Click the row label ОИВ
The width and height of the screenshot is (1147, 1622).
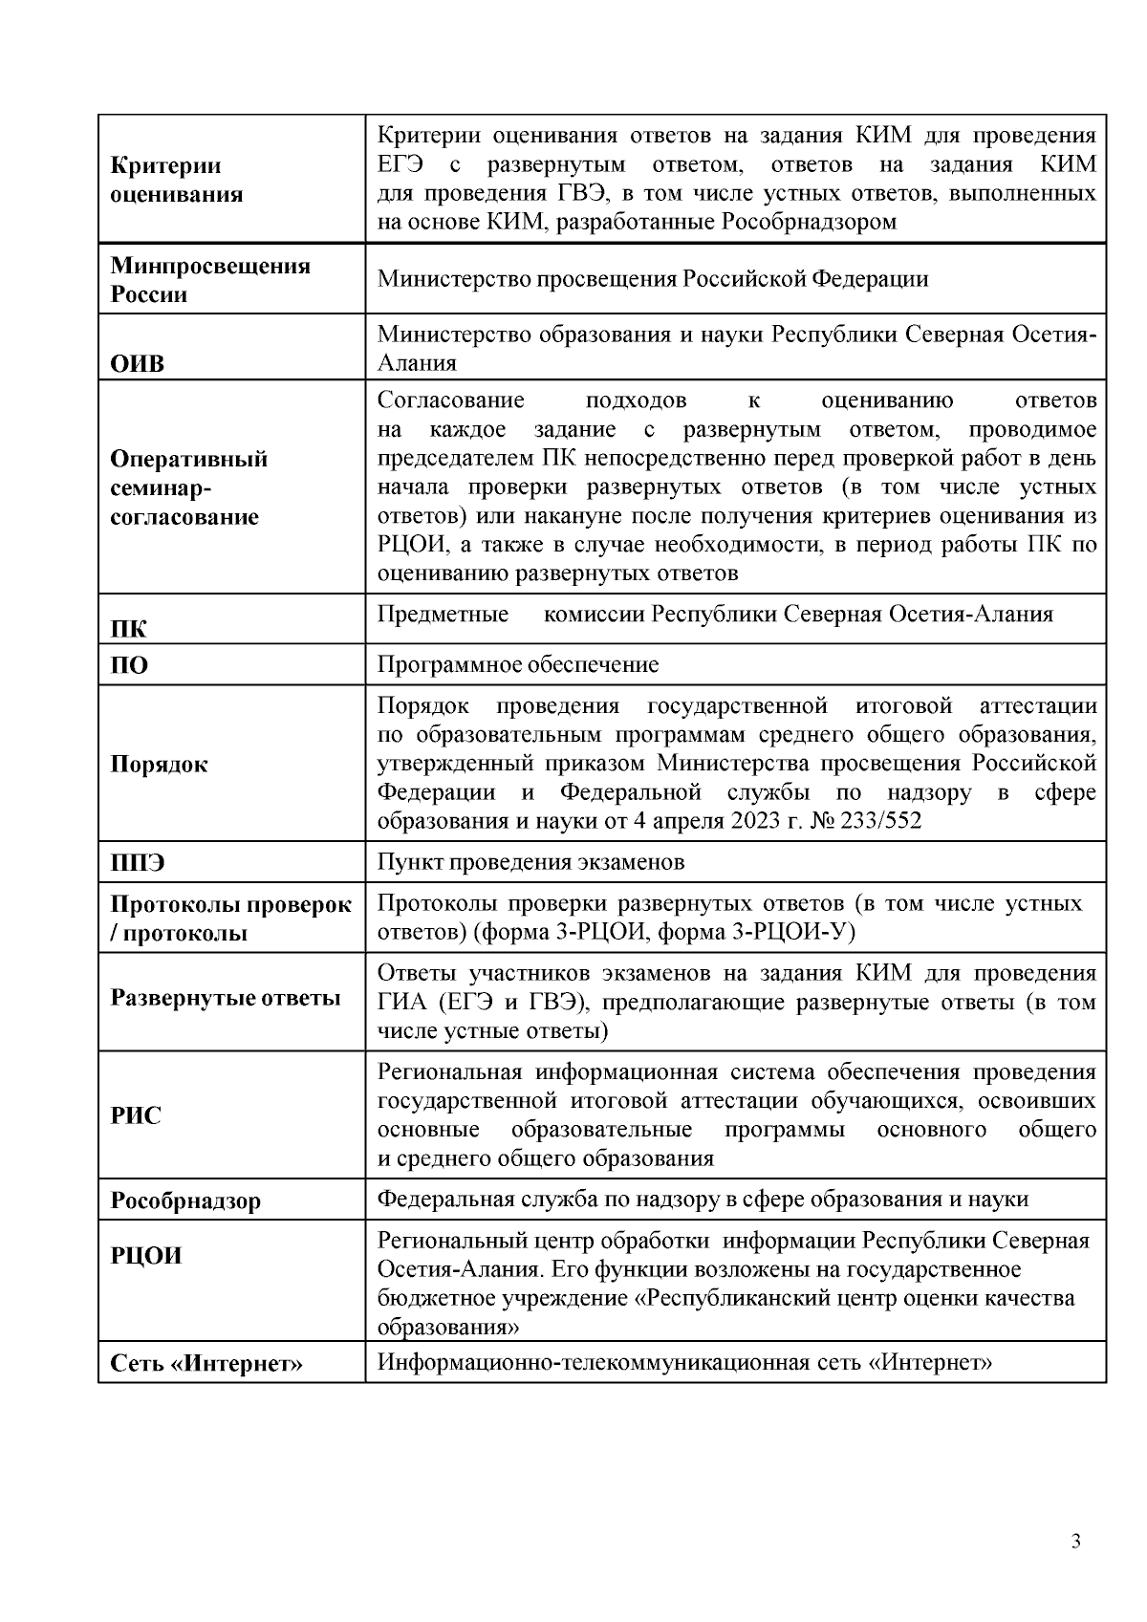pos(138,364)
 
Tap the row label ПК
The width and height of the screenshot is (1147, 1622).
pos(129,629)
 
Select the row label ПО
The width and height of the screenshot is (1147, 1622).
pos(130,665)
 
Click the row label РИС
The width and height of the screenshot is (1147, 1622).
pos(136,1115)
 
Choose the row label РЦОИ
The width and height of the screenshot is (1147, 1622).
pos(146,1256)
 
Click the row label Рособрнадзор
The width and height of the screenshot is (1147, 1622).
pos(185,1200)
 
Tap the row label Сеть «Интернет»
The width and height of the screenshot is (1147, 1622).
pos(206,1364)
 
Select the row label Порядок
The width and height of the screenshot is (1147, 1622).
pos(159,765)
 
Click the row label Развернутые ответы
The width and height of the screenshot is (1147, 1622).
pos(226,999)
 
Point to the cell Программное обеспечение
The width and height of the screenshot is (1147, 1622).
pos(518,664)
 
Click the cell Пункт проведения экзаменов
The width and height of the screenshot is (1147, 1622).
pos(530,862)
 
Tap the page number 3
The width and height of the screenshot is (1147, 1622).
pos(1076,1542)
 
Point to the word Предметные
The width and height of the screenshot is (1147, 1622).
pos(443,614)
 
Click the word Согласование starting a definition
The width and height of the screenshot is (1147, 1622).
pos(450,400)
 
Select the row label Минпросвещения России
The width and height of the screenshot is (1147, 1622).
pos(210,279)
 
